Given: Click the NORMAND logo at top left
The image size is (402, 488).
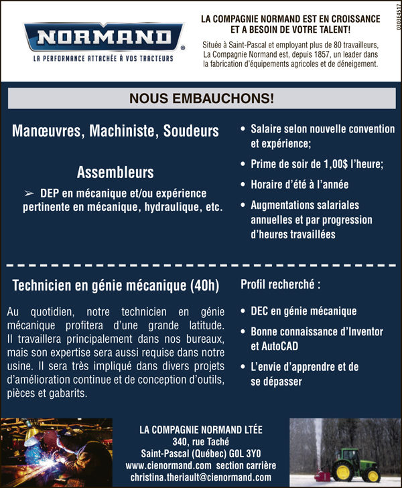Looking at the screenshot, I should [x=103, y=37].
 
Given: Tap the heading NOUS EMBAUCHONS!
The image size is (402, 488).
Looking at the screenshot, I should [x=202, y=98].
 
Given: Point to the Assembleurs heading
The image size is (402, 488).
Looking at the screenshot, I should [x=115, y=173].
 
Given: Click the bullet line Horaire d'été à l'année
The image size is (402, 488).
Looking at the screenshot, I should [x=299, y=185].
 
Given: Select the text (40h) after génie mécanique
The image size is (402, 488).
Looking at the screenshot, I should [x=204, y=286].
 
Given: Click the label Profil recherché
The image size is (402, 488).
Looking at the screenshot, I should [x=280, y=284].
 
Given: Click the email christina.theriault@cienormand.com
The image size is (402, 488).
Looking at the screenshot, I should [x=201, y=477].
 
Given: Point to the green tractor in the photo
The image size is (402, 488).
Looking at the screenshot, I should [x=354, y=463].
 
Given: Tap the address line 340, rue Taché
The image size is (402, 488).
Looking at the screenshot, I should [x=200, y=441].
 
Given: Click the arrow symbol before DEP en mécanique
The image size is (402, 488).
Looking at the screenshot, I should [x=29, y=193].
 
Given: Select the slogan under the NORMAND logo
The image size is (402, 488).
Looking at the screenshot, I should [x=103, y=59].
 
